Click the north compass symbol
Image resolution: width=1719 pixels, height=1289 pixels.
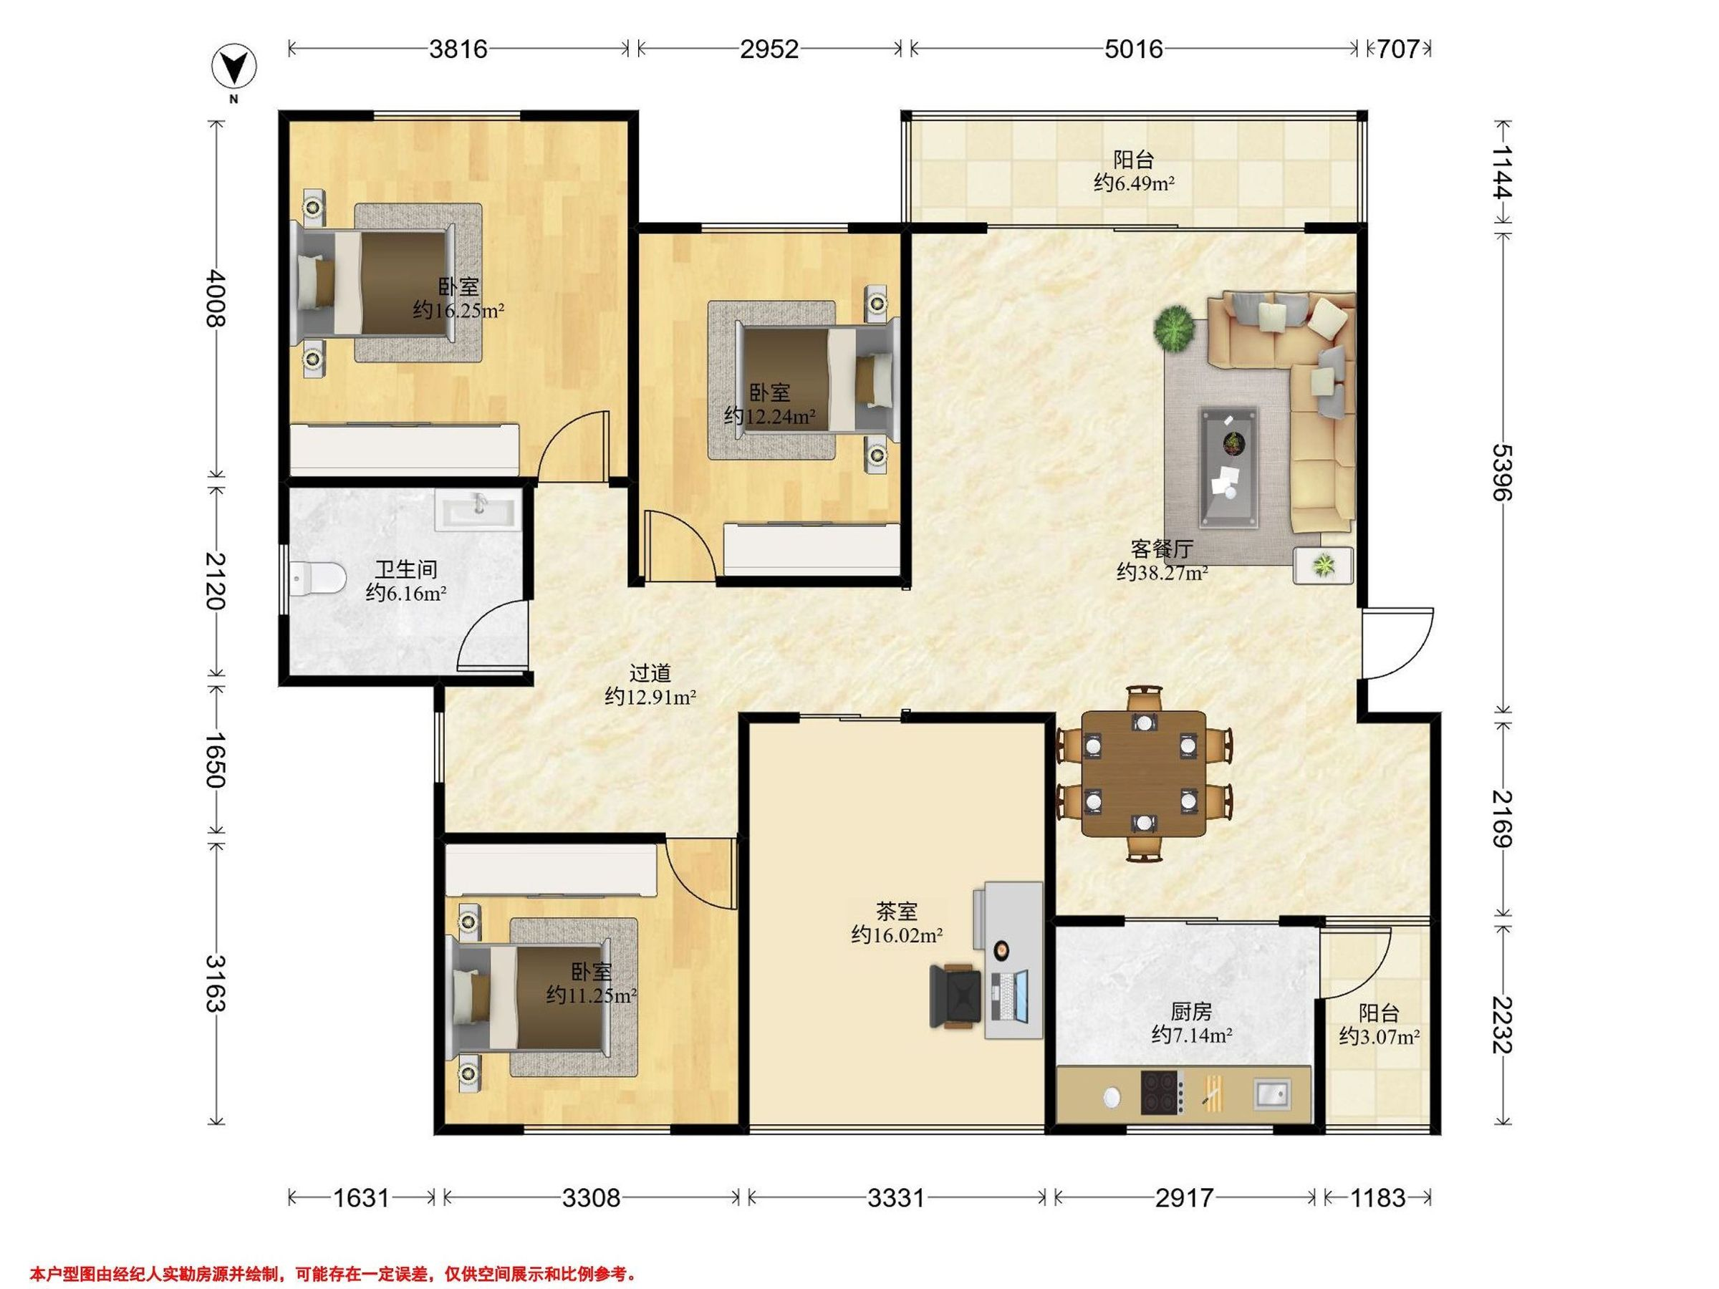[x=234, y=67]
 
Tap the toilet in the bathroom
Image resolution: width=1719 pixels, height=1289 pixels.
[x=319, y=579]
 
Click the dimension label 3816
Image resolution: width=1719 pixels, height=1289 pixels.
[x=458, y=49]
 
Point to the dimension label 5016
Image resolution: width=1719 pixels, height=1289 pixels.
[x=1134, y=49]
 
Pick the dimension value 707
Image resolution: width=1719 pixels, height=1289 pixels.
[x=1399, y=49]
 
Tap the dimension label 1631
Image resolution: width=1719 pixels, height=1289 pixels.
[x=362, y=1198]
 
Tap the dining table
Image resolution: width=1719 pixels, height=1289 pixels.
[x=1144, y=774]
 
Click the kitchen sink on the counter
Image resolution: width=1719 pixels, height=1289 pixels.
[x=1272, y=1094]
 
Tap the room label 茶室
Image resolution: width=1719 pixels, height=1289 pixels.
[x=897, y=910]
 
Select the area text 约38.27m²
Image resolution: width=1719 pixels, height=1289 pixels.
[x=1162, y=574]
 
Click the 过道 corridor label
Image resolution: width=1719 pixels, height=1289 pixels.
[x=650, y=673]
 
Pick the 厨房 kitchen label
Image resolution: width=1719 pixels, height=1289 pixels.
[x=1191, y=1012]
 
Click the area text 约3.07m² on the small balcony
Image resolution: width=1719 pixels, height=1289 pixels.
[x=1379, y=1036]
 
